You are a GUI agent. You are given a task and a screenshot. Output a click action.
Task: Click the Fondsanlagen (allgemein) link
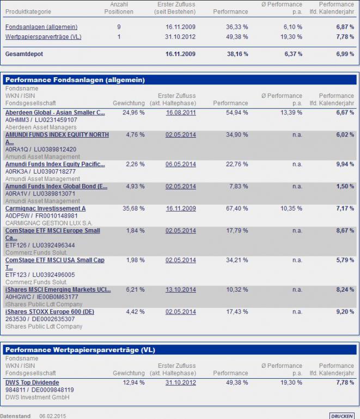(x=41, y=27)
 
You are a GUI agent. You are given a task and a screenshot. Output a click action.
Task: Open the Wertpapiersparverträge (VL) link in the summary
(x=44, y=37)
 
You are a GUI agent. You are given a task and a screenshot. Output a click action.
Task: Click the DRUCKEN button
(x=341, y=416)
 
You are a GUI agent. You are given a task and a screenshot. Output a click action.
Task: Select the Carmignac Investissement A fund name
(x=45, y=208)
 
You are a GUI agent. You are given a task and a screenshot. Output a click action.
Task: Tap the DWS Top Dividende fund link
(x=32, y=383)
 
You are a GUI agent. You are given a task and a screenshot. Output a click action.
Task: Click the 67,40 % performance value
(x=237, y=208)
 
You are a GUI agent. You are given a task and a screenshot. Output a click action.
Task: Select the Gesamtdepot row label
(x=24, y=55)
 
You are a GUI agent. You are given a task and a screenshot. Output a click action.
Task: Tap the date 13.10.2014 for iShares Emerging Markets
(x=181, y=290)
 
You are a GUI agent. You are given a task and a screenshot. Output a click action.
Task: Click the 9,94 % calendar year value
(x=345, y=164)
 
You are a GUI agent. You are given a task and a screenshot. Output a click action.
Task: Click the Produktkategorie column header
(x=28, y=11)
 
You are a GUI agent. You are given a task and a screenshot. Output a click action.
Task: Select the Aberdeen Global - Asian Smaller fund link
(x=55, y=113)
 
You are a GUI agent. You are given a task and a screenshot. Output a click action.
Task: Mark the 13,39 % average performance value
(x=291, y=113)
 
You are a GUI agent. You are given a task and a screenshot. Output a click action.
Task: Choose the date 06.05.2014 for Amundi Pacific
(x=181, y=164)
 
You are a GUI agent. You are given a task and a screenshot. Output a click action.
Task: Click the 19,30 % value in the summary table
(x=291, y=37)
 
